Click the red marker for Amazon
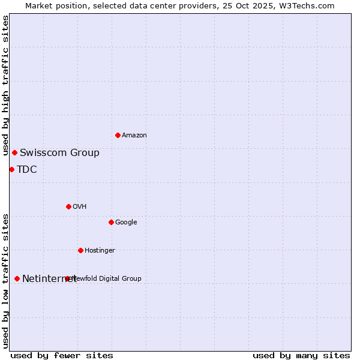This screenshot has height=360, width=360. [118, 135]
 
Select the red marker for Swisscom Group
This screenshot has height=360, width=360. [14, 152]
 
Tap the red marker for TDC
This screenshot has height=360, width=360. [11, 169]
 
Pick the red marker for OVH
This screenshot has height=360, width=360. [68, 206]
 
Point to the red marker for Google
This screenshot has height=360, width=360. [111, 222]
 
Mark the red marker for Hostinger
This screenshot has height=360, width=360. [80, 250]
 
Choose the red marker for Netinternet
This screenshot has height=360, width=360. [17, 278]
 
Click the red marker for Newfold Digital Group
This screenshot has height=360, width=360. [67, 278]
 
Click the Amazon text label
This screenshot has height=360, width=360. [134, 135]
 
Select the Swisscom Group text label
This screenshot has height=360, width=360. [59, 152]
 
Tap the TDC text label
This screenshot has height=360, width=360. [27, 169]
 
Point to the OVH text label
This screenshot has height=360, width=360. [80, 206]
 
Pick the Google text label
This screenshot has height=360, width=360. [126, 222]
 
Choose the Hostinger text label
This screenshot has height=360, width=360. [100, 250]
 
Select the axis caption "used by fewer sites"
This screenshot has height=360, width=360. [62, 355]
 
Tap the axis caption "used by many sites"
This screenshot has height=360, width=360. [301, 355]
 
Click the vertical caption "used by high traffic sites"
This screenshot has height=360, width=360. [6, 85]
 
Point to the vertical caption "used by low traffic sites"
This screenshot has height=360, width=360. [6, 281]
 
